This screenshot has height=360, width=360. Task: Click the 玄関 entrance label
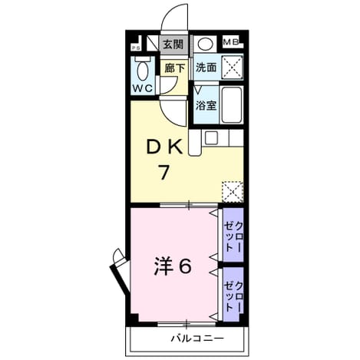pos(173,45)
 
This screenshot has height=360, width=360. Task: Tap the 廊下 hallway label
pos(174,68)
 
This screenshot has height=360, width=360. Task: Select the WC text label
pos(143,88)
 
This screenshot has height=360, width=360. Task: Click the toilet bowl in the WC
pos(143,71)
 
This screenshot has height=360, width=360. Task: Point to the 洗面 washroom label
pos(206,68)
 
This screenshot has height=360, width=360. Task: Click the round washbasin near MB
pos(205,44)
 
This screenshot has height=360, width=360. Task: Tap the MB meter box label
pos(231,41)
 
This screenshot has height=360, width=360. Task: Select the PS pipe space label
pos(136,48)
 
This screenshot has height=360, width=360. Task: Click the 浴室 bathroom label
pos(206,105)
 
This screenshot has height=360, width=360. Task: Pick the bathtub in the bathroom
pos(232,105)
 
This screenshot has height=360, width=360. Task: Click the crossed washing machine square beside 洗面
pos(232,68)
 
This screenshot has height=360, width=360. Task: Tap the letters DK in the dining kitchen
pos(164,147)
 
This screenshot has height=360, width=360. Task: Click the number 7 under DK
pos(164,172)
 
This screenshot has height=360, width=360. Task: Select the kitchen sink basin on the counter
pos(211,137)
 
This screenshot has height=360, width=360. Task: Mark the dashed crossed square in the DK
pos(232,192)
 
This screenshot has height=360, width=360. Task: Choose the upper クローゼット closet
pos(233,235)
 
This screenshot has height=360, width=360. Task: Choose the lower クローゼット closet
pos(233,294)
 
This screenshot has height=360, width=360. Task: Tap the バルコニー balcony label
pos(197,339)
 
